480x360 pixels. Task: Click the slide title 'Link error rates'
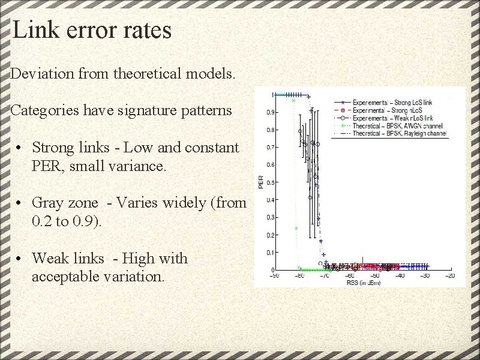92,30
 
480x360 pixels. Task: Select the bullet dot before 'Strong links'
20,148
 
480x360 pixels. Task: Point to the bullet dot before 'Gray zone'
20,203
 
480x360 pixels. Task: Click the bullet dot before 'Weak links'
20,259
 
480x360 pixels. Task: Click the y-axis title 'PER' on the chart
260,182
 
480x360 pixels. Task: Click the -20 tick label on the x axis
450,276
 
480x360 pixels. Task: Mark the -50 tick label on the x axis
375,276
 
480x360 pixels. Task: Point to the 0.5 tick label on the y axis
271,182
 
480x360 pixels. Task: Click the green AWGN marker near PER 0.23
296,228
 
